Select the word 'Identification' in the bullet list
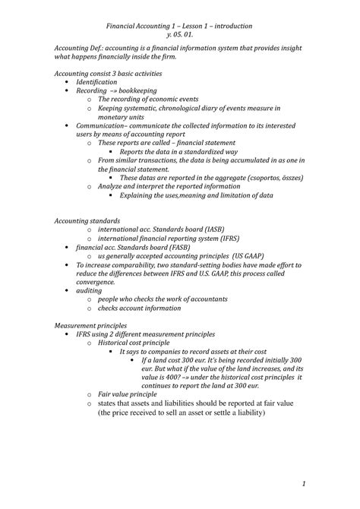point(96,81)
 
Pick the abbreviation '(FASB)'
point(180,248)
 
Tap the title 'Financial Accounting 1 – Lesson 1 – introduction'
point(180,26)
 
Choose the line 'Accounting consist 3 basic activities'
point(108,73)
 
